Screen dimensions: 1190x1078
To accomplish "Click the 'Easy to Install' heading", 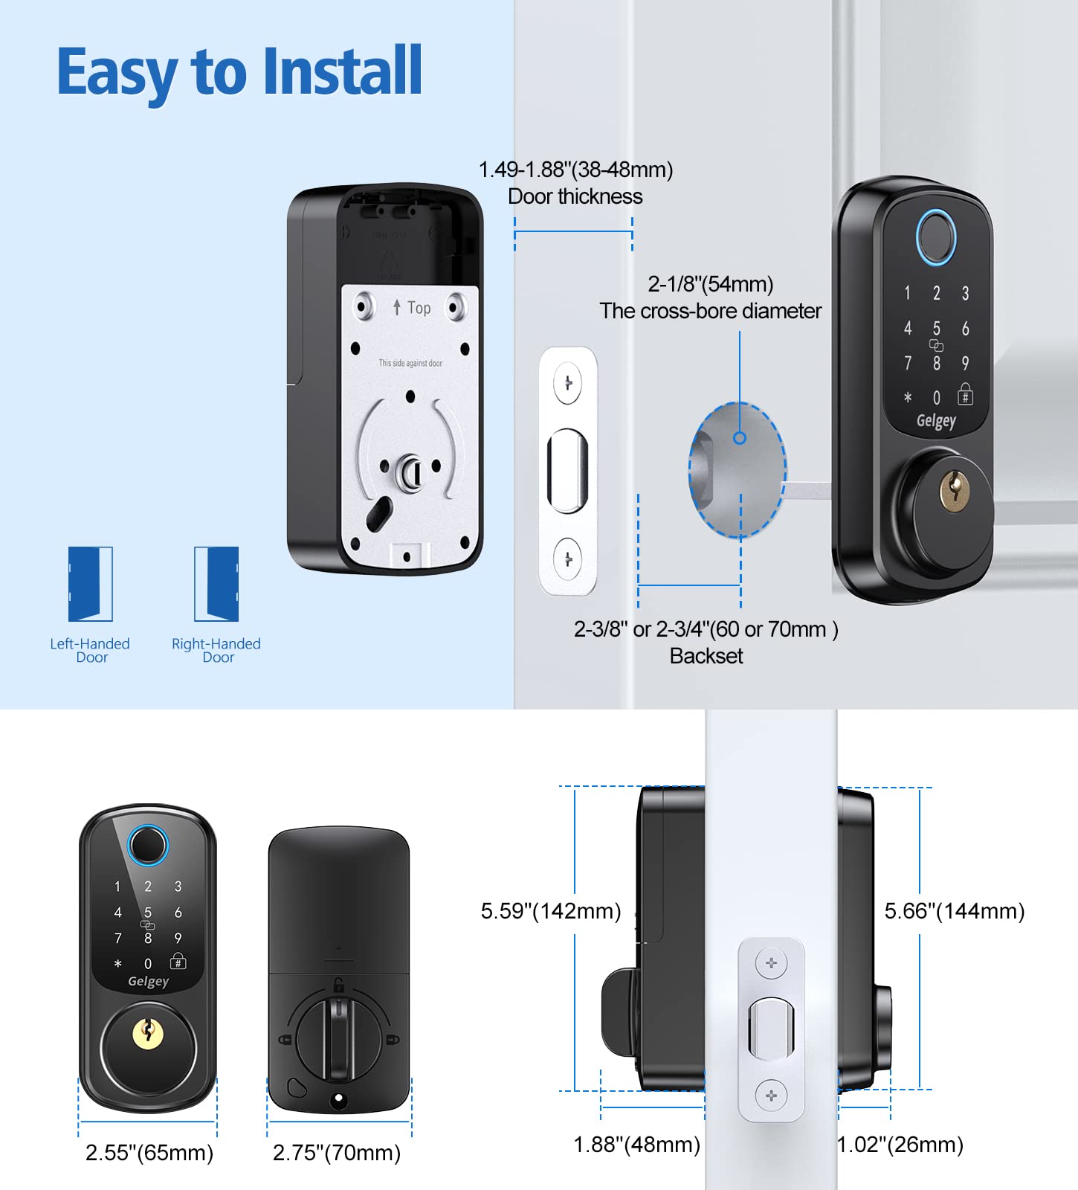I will [x=239, y=72].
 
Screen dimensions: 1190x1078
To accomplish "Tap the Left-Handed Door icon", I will [x=90, y=584].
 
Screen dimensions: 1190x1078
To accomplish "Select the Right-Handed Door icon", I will [x=216, y=584].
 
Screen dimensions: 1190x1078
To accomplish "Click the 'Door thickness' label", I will [x=575, y=196].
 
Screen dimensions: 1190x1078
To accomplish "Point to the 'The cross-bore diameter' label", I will [x=710, y=311].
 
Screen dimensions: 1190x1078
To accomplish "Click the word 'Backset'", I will [x=706, y=656].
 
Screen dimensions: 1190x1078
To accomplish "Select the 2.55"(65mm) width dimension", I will [x=149, y=1153].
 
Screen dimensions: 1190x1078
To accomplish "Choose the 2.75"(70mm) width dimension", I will [x=336, y=1153].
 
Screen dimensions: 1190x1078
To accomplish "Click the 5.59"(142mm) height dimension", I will [x=550, y=911].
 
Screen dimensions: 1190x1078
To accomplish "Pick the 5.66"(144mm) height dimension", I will [x=954, y=911].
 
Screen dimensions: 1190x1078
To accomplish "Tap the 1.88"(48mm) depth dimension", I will [x=636, y=1145].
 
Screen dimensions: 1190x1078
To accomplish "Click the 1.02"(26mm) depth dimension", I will [x=900, y=1145].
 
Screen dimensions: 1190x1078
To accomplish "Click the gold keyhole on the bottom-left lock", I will [x=148, y=1034].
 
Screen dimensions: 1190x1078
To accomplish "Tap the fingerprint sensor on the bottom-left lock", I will [x=148, y=846].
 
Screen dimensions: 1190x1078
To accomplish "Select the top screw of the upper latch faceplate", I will [x=568, y=384].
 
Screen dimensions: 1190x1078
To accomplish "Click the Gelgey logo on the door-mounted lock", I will [x=935, y=421].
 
